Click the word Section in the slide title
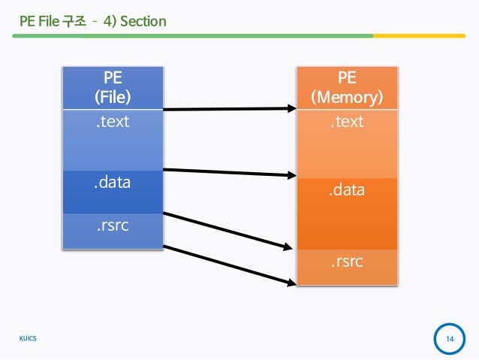(x=143, y=20)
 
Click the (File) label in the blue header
(x=112, y=97)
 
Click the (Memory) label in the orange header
(x=347, y=98)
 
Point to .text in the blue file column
(x=112, y=120)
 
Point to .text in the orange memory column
(x=347, y=121)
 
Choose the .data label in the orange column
(x=347, y=190)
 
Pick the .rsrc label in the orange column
(x=347, y=262)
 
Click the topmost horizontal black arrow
(x=229, y=110)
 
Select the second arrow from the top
(x=229, y=173)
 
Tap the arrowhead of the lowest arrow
(x=290, y=282)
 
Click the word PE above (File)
(x=112, y=78)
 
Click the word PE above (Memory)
(x=347, y=79)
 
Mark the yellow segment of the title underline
(x=420, y=35)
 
